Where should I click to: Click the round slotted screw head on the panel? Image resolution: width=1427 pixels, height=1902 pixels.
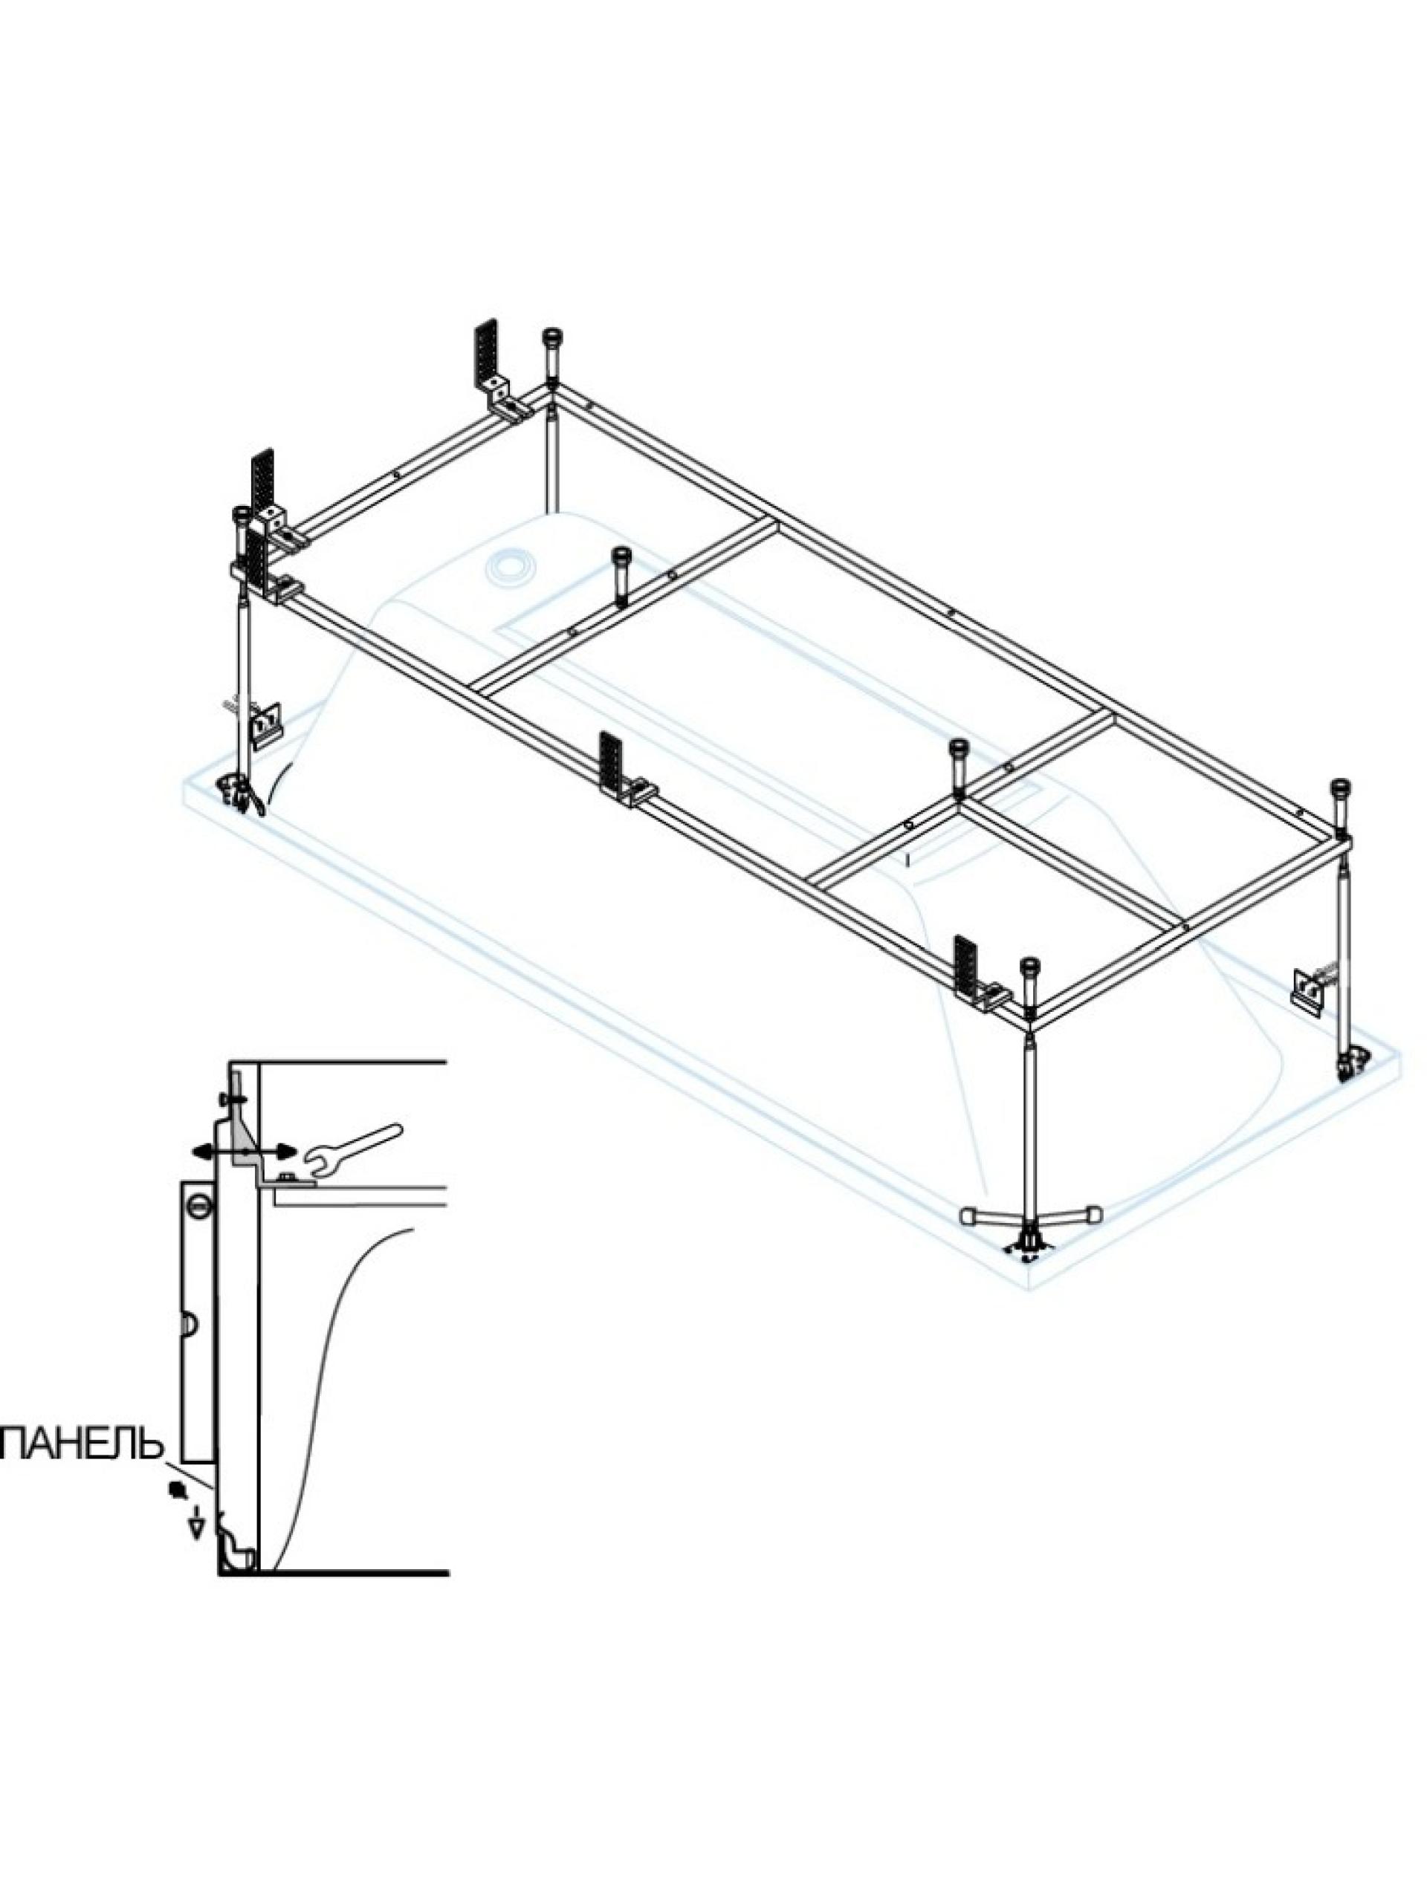(198, 1207)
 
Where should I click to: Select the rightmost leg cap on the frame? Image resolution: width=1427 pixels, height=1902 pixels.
(1339, 788)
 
